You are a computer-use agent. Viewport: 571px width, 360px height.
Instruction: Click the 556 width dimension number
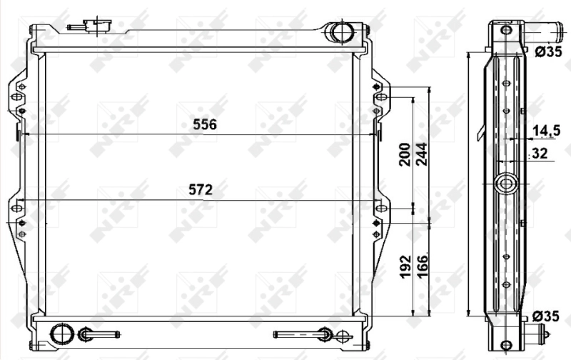click(x=205, y=124)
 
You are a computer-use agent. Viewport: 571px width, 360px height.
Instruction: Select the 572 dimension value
click(x=201, y=190)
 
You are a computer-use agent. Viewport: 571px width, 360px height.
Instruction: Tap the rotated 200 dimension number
click(x=405, y=154)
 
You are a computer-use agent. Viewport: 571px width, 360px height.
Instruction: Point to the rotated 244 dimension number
click(x=422, y=154)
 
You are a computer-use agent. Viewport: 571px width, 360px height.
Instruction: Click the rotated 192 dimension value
click(x=405, y=267)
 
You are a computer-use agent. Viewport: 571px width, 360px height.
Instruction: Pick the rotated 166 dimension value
click(x=422, y=266)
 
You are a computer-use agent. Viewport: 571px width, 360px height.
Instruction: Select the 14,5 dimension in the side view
click(x=546, y=131)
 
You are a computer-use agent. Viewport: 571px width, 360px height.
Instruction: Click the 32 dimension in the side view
click(x=540, y=154)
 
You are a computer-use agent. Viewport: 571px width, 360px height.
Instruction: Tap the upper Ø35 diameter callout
click(x=548, y=51)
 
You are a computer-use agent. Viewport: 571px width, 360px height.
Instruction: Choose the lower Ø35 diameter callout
click(x=545, y=316)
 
